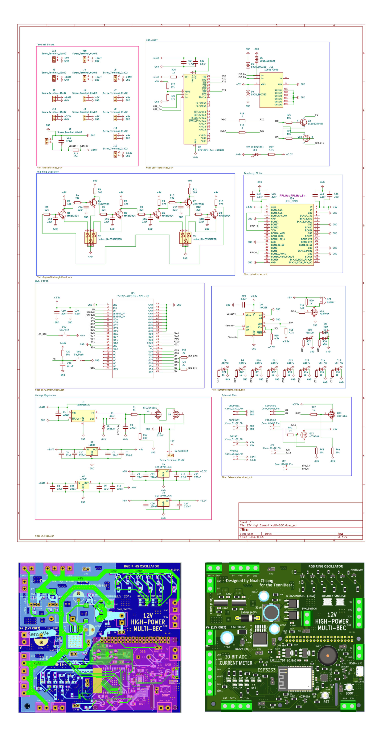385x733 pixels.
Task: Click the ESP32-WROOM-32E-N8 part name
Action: (133, 296)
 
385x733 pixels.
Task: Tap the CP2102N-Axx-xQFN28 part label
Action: (211, 150)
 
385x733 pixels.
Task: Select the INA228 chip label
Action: (263, 308)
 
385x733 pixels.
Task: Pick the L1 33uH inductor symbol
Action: (112, 419)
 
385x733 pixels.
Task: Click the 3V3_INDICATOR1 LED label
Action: (255, 147)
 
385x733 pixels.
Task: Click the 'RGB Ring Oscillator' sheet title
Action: (47, 172)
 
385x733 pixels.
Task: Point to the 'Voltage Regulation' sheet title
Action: (46, 395)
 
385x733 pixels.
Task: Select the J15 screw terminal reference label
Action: (54, 51)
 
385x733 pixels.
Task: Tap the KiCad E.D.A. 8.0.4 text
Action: (252, 537)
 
